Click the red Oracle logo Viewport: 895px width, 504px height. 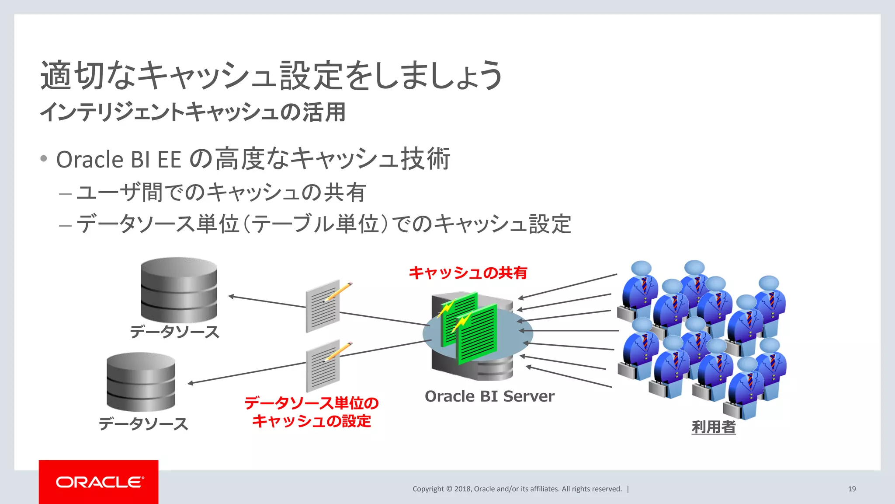99,482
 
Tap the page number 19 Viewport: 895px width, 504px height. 852,489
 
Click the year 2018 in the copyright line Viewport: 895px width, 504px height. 462,489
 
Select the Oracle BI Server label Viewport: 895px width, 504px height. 489,396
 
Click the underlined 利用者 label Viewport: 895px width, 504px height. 714,427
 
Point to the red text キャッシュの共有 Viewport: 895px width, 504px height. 468,273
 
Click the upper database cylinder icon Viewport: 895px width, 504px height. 179,290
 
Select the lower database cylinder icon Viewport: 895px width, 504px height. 141,382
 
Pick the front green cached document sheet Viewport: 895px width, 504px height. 477,335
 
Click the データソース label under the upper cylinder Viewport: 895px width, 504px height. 174,332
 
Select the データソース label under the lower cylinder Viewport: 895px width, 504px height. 143,424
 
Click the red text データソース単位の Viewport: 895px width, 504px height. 311,403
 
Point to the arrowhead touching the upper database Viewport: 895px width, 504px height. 231,297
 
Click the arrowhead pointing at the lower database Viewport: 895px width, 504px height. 191,383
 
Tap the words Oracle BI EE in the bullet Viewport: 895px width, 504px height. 118,159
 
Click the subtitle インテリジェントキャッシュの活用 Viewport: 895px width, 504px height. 193,112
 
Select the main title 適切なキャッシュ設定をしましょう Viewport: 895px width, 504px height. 271,75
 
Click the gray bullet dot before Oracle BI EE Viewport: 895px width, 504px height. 43,158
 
